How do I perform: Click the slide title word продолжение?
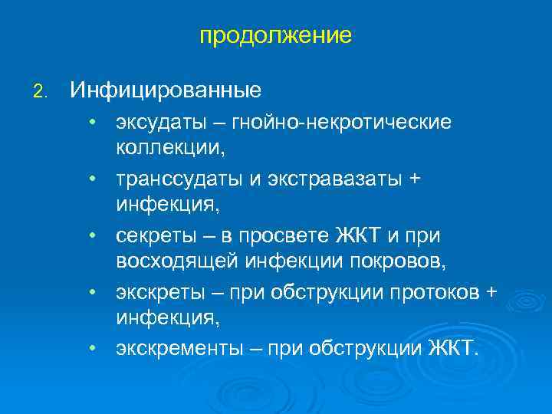tap(275, 36)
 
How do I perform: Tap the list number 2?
tap(40, 92)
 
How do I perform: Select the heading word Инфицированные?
tap(166, 90)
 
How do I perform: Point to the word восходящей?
tap(178, 261)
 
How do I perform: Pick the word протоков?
tap(434, 292)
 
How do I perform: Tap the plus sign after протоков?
tap(491, 292)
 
